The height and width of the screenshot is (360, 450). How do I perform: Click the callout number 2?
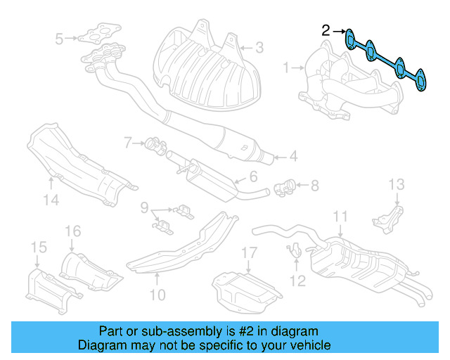point(326,30)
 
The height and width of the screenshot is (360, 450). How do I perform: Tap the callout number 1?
point(286,68)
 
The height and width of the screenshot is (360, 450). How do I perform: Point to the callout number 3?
point(259,48)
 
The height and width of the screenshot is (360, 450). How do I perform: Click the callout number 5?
point(60,38)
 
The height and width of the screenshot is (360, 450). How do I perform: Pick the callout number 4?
point(293,157)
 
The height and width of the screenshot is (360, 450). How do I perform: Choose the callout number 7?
point(129,143)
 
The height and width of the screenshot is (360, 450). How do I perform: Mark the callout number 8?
point(314,186)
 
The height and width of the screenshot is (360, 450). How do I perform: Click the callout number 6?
point(253,177)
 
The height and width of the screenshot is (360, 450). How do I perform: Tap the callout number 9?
point(143,208)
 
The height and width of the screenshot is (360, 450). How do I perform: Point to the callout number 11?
point(340,217)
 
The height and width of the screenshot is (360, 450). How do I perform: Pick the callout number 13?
point(397,185)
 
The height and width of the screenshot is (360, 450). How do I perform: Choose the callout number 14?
point(51,200)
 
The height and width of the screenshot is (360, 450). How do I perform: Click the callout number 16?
point(73,231)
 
